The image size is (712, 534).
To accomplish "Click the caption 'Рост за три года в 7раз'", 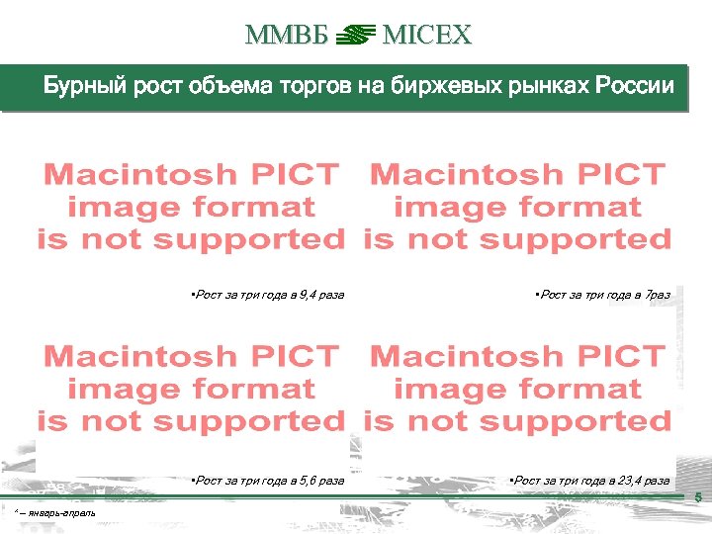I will pos(601,295).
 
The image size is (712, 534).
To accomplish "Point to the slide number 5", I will pos(698,497).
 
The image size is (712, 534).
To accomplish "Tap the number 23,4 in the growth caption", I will pos(630,481).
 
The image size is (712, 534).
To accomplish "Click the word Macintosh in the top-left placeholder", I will pos(141,175).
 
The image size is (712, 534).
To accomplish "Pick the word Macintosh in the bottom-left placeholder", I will pos(141,357).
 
